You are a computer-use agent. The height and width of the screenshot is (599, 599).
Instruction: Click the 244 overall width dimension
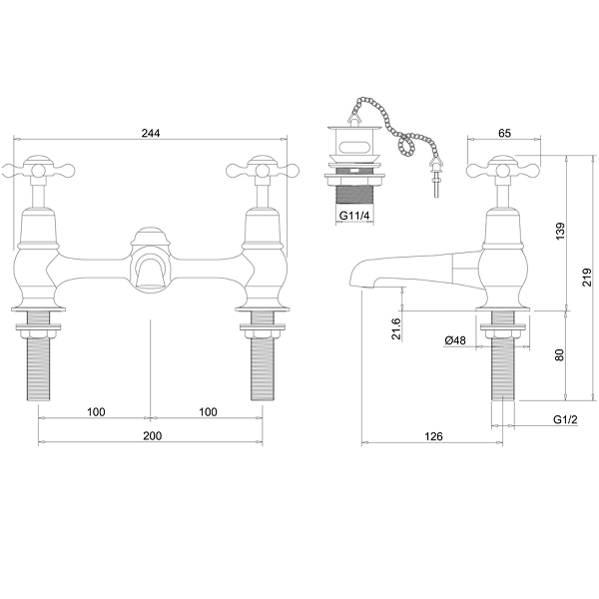click(x=151, y=133)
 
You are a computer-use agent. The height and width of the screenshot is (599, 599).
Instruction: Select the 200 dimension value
click(x=153, y=436)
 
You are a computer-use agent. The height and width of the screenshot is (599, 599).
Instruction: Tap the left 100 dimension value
click(x=96, y=411)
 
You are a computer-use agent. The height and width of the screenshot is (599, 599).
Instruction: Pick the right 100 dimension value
click(x=208, y=411)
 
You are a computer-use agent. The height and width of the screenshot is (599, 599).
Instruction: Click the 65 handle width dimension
click(x=504, y=133)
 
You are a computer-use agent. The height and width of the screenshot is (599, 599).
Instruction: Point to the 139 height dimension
click(x=560, y=231)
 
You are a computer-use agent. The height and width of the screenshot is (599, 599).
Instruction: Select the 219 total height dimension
click(x=587, y=277)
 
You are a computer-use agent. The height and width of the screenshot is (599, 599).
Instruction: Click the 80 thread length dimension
click(x=560, y=354)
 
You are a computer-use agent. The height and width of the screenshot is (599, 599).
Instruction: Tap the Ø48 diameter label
click(x=455, y=340)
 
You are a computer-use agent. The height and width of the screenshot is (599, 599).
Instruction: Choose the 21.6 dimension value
click(x=396, y=328)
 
